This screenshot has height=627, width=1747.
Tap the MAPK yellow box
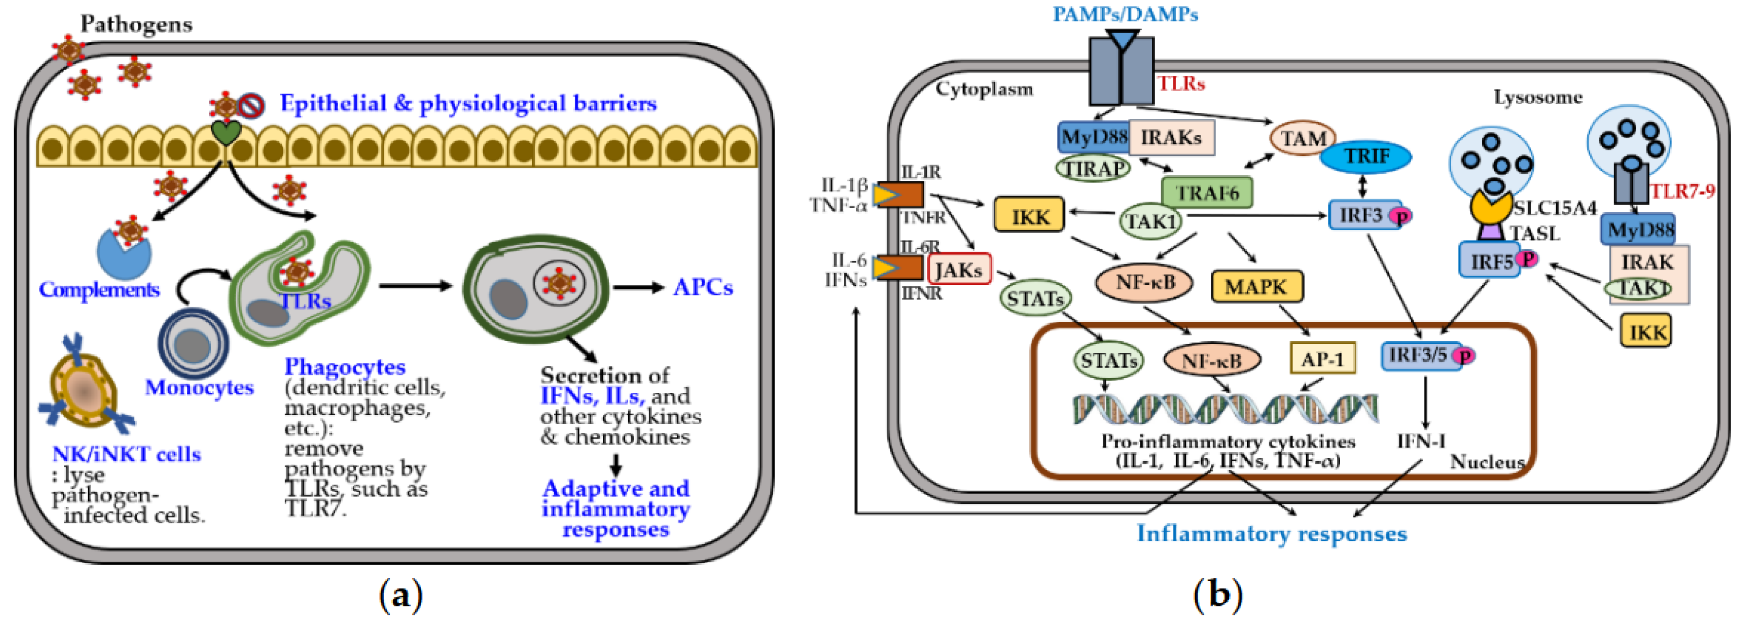[1256, 286]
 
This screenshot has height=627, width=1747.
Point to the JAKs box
[958, 269]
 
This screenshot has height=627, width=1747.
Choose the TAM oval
[1302, 138]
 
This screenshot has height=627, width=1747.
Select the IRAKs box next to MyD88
[1171, 138]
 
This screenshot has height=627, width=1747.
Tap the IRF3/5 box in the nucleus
[1419, 355]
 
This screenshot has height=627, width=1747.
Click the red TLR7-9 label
[1682, 191]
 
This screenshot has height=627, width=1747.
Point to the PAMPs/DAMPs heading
[1125, 14]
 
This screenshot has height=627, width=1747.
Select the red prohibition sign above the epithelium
[252, 106]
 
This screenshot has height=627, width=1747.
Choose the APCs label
[703, 287]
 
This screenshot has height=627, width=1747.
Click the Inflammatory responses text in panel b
[1271, 534]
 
